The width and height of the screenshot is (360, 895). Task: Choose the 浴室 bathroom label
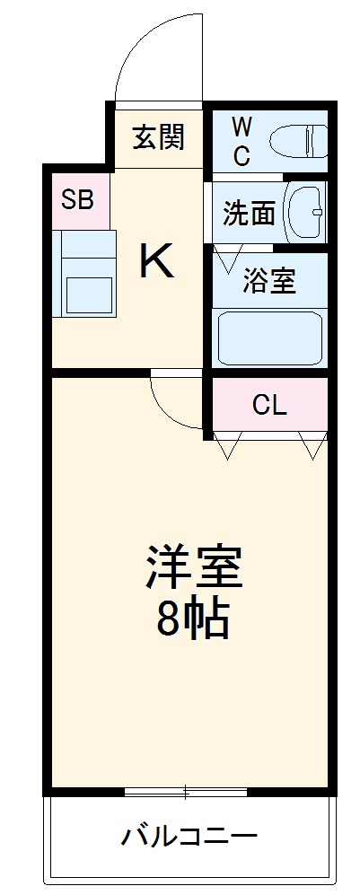coord(269,281)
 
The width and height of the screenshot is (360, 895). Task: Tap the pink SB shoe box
coord(78,199)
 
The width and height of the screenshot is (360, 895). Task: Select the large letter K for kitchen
coord(155,261)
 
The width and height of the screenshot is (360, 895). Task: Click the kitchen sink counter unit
coord(86,275)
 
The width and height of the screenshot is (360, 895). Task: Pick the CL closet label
coord(268,406)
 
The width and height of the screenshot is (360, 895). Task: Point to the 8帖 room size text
coord(192,618)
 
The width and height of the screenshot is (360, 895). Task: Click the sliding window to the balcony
coord(185,792)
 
